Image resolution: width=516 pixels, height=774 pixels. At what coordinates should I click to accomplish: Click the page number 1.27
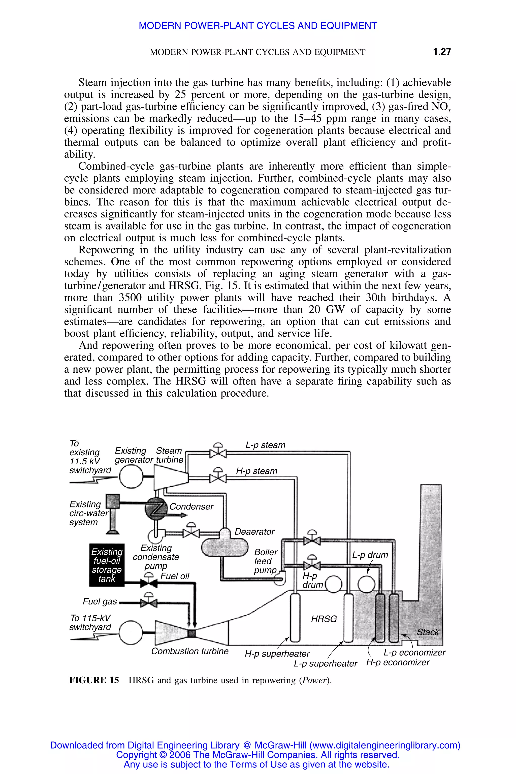tap(442, 52)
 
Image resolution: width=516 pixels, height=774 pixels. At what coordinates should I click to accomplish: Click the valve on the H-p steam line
tap(218, 478)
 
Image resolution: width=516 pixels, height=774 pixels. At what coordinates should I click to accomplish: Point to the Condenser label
tap(191, 506)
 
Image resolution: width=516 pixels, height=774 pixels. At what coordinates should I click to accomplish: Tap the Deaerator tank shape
tap(224, 546)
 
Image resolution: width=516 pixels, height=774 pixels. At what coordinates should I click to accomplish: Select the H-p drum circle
tap(333, 584)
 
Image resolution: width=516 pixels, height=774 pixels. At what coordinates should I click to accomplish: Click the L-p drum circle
tap(366, 584)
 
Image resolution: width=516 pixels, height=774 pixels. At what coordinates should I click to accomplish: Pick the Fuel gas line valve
tap(149, 603)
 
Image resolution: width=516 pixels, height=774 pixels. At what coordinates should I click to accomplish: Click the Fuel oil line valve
tap(149, 583)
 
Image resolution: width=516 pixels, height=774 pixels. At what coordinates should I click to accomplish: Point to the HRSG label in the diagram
tap(324, 619)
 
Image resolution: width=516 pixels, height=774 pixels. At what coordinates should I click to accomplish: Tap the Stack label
tap(428, 632)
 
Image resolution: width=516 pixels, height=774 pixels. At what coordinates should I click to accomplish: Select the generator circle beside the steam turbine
tap(131, 477)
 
